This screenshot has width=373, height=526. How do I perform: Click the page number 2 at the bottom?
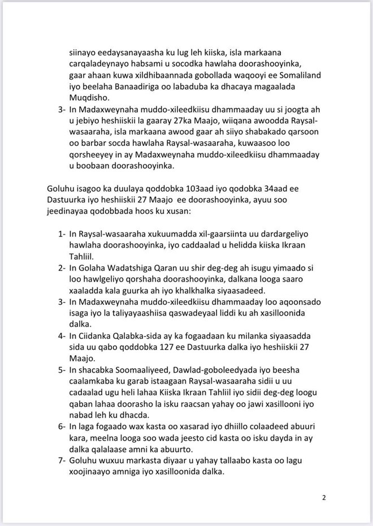click(324, 498)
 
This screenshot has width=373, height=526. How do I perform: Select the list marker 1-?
click(62, 234)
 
